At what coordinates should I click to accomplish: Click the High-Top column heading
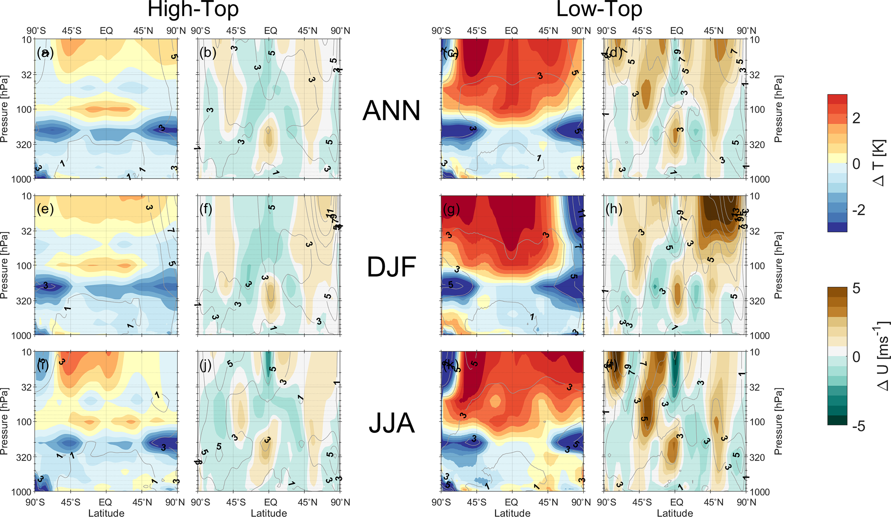tap(193, 9)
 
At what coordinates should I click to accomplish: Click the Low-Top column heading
tap(599, 9)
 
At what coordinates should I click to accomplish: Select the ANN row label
tap(391, 111)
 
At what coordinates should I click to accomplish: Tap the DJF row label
tap(391, 267)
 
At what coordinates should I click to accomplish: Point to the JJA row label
tap(391, 423)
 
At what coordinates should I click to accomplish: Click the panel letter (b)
tap(208, 53)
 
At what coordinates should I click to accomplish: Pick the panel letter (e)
tap(45, 209)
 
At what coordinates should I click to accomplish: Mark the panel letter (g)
tap(451, 209)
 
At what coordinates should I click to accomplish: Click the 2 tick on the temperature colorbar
tap(856, 118)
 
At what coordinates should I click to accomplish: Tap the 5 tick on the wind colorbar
tap(856, 288)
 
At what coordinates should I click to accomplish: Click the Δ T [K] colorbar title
tap(879, 163)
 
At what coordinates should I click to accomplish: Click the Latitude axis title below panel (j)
tap(269, 513)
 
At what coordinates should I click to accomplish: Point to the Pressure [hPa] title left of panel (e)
tap(4, 266)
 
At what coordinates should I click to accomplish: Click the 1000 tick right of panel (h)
tap(760, 335)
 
